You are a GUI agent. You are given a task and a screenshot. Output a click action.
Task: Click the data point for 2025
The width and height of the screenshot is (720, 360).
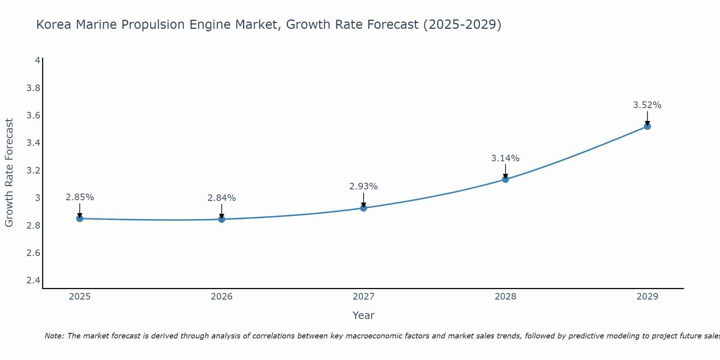pos(80,219)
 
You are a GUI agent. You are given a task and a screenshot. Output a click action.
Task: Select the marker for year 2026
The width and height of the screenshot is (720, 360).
pos(221,219)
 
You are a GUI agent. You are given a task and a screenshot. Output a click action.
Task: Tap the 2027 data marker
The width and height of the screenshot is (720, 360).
pos(363,208)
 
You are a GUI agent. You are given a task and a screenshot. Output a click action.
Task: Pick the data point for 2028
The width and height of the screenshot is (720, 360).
pos(505,179)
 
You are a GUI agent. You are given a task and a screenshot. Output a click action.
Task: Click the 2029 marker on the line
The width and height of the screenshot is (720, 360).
pos(647,126)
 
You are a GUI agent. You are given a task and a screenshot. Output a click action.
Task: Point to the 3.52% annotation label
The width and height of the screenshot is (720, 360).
pos(647,105)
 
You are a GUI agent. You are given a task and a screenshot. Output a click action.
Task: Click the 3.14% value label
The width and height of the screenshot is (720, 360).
pos(505,158)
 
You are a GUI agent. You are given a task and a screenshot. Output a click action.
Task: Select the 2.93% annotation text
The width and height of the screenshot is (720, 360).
pos(363,186)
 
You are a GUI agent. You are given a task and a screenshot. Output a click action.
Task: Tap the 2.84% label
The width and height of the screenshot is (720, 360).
pos(221,198)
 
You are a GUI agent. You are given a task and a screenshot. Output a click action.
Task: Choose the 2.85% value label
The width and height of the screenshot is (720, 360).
pos(80,197)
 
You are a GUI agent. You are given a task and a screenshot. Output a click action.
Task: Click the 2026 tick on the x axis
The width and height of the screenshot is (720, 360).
pos(221,297)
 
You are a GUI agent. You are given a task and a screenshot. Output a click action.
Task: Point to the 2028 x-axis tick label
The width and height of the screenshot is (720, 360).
pos(505,297)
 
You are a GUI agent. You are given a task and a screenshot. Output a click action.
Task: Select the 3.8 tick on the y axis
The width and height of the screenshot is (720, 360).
pos(33,88)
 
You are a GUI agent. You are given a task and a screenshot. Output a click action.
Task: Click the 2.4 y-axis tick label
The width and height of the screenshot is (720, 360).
pos(33,280)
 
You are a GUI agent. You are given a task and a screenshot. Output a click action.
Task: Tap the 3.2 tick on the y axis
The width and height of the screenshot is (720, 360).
pos(33,171)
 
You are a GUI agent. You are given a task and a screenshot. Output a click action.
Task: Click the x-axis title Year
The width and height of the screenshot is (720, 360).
pos(363,315)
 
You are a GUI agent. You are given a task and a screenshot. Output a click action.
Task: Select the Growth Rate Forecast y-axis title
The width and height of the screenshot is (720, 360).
pos(9,173)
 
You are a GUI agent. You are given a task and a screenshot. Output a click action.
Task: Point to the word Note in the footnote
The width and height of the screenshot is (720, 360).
pos(54,336)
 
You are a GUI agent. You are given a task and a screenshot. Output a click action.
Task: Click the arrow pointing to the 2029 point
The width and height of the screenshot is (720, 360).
pos(647,118)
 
